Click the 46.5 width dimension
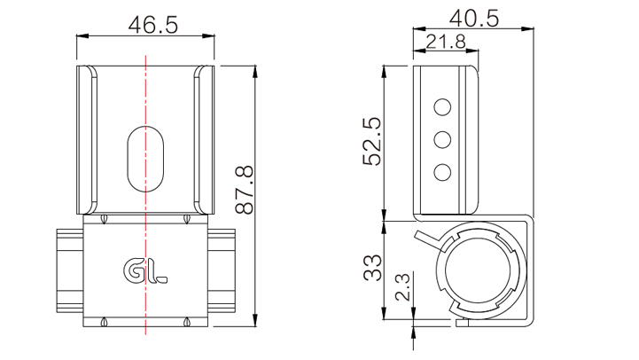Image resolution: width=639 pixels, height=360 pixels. [153, 26]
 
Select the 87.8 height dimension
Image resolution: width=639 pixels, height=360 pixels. [245, 190]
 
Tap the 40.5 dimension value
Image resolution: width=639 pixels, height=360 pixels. [474, 19]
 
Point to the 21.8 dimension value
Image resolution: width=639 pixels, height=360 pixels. [446, 42]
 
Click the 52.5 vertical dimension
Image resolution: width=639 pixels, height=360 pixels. [371, 141]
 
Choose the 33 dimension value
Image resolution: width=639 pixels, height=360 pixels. [372, 268]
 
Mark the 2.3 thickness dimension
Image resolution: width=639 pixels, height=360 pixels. [402, 286]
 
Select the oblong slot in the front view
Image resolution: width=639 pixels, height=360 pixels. [145, 159]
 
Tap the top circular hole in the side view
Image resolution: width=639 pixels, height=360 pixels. [442, 107]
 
